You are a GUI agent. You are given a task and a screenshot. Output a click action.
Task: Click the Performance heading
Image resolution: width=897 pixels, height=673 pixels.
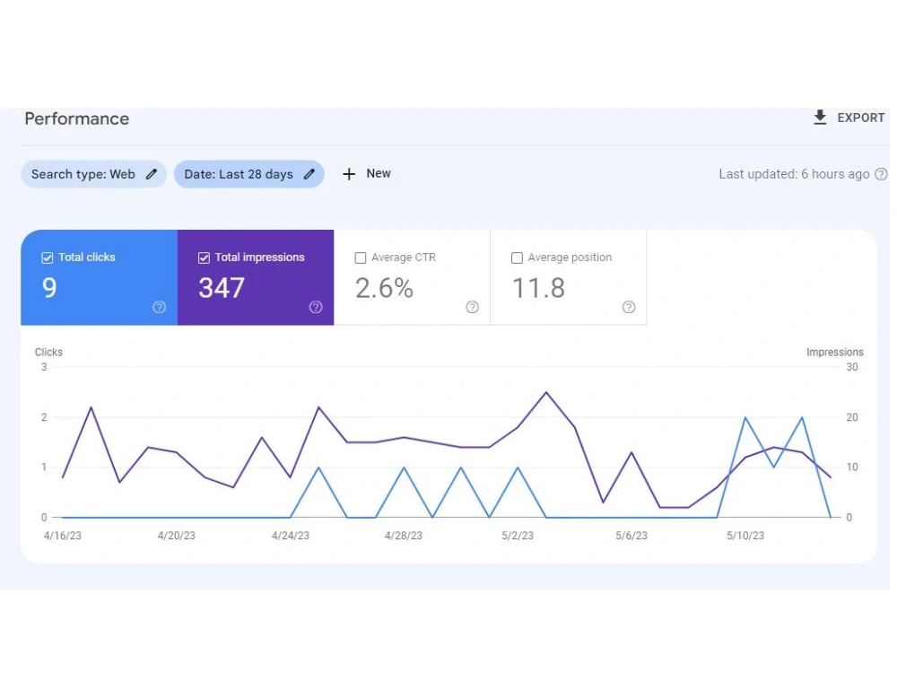pos(76,118)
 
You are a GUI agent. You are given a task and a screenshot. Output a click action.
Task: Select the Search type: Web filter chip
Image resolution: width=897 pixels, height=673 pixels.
pos(94,174)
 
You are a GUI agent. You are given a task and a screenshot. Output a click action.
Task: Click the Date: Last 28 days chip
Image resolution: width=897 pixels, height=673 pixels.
pos(248,174)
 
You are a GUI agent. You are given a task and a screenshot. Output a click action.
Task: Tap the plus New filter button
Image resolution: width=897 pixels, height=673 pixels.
pos(367,173)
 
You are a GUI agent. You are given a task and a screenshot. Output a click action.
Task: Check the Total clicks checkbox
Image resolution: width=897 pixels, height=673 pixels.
pos(48,258)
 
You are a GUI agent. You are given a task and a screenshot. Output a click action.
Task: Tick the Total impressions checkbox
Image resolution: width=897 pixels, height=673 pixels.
pos(204,258)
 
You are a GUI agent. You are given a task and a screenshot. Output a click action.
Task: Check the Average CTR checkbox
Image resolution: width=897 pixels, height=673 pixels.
pos(361,258)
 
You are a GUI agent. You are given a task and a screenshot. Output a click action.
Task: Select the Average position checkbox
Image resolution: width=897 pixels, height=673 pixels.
pos(517,258)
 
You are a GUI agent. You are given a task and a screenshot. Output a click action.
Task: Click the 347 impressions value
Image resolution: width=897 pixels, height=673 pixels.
pos(222,288)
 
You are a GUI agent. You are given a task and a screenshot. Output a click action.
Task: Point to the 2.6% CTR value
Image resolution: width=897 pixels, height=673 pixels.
pos(384,288)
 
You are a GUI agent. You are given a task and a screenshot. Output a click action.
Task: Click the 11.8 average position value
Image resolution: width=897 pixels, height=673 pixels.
pos(538,288)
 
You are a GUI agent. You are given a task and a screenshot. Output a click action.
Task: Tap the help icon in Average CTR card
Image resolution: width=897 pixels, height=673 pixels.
pos(472,307)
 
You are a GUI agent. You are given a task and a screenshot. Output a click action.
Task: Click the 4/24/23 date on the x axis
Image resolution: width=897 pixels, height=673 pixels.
pos(290,536)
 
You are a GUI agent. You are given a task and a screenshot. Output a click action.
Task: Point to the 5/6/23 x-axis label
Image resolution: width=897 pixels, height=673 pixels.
pos(631,536)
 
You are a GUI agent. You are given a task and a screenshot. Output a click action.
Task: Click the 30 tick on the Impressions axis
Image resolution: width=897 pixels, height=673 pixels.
pos(852,367)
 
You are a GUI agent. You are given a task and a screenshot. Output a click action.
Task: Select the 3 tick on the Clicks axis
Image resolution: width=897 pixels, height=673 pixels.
pos(44,367)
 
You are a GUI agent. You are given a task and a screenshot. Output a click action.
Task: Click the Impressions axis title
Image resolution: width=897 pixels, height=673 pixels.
pos(834,352)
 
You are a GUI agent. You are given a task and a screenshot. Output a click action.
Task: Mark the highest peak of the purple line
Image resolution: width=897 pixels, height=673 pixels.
pos(546,393)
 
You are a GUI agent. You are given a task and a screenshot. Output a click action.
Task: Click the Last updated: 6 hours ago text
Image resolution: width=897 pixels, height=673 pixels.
pos(794,174)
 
